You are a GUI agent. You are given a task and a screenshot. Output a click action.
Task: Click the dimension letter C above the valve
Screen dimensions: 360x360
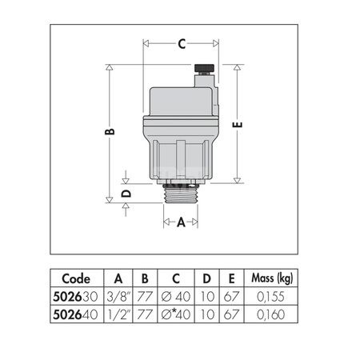point(182,45)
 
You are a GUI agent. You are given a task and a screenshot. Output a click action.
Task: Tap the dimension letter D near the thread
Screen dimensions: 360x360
point(126,192)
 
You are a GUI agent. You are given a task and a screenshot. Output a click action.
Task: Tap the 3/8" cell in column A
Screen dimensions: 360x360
point(118,295)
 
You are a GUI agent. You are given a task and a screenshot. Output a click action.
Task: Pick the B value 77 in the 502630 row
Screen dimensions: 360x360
point(146,295)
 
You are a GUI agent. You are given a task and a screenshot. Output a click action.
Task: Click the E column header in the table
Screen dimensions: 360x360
point(233,279)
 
